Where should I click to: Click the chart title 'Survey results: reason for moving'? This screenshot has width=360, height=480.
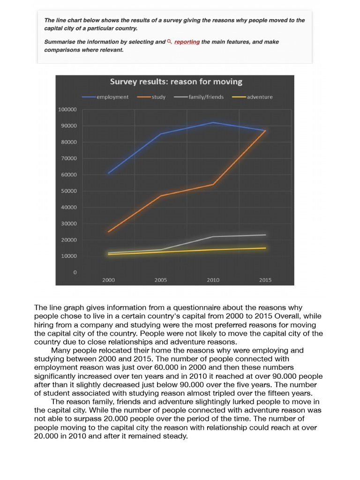pyautogui.click(x=176, y=82)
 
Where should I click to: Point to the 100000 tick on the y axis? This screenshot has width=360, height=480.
pyautogui.click(x=67, y=110)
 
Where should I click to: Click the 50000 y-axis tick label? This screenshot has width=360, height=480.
pyautogui.click(x=68, y=191)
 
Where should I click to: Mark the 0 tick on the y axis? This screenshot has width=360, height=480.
pyautogui.click(x=75, y=272)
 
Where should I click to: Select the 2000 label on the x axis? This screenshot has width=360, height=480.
pyautogui.click(x=109, y=280)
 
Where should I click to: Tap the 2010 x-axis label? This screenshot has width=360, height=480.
pyautogui.click(x=213, y=280)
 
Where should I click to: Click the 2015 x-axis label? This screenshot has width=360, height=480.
pyautogui.click(x=265, y=280)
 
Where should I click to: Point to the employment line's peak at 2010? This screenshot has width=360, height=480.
pyautogui.click(x=213, y=122)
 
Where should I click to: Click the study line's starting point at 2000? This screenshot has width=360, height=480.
pyautogui.click(x=109, y=232)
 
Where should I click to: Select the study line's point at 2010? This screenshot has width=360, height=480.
pyautogui.click(x=213, y=184)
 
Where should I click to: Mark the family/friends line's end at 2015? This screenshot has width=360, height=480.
pyautogui.click(x=265, y=235)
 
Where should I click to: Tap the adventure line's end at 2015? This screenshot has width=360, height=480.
pyautogui.click(x=265, y=248)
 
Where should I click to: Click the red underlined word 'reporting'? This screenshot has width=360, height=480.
pyautogui.click(x=187, y=42)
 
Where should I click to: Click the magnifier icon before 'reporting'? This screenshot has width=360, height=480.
pyautogui.click(x=169, y=42)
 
